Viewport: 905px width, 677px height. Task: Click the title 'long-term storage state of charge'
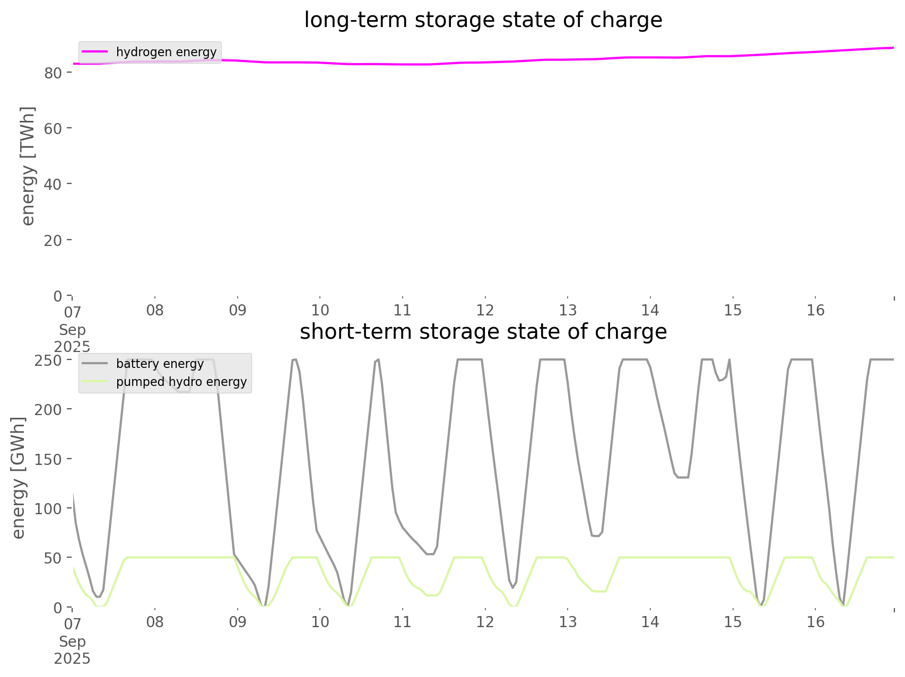pyautogui.click(x=483, y=20)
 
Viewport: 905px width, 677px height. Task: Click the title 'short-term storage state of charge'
pyautogui.click(x=483, y=332)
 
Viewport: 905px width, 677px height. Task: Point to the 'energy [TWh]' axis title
pyautogui.click(x=28, y=166)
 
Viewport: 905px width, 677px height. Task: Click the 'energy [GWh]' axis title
pyautogui.click(x=19, y=478)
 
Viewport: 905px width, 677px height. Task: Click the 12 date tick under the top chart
pyautogui.click(x=485, y=310)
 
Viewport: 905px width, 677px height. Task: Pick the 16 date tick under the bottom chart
pyautogui.click(x=815, y=622)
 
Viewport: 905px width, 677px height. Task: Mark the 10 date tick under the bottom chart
pyautogui.click(x=320, y=622)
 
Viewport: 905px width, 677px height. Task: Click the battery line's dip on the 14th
pyautogui.click(x=683, y=477)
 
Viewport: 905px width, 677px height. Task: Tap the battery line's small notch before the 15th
pyautogui.click(x=720, y=380)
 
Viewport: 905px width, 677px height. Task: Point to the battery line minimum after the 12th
pyautogui.click(x=512, y=587)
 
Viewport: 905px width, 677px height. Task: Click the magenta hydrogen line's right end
pyautogui.click(x=893, y=48)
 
